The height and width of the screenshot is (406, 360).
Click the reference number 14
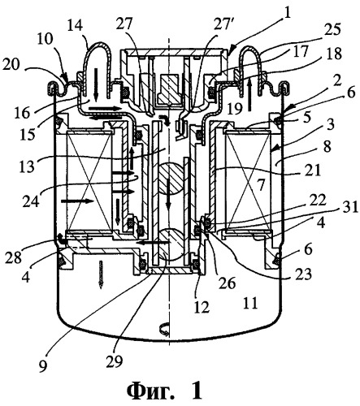(x=76, y=28)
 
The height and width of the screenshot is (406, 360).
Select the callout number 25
(x=332, y=29)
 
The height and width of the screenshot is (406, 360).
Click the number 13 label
(x=27, y=165)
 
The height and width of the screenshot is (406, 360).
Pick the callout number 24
(x=31, y=201)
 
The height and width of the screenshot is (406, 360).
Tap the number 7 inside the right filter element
(x=260, y=187)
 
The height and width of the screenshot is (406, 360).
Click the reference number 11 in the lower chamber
(x=249, y=304)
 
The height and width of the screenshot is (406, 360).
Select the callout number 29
(x=114, y=361)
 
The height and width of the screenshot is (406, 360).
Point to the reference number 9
(x=43, y=366)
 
